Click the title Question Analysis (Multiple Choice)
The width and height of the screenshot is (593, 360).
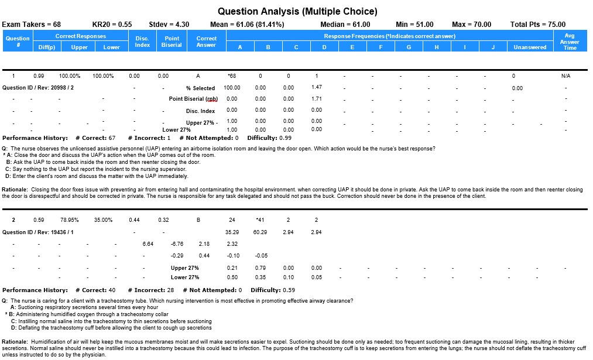pyautogui.click(x=297, y=11)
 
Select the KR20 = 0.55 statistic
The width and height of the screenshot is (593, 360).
pyautogui.click(x=112, y=25)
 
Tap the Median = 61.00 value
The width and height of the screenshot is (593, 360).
pyautogui.click(x=345, y=25)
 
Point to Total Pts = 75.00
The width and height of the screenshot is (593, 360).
pyautogui.click(x=538, y=25)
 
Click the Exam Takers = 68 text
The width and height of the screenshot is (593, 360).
pyautogui.click(x=32, y=25)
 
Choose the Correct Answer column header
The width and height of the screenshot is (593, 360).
pyautogui.click(x=206, y=42)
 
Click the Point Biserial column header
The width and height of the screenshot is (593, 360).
pyautogui.click(x=172, y=42)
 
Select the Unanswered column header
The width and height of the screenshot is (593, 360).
pyautogui.click(x=530, y=47)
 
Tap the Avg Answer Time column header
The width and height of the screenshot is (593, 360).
pyautogui.click(x=570, y=42)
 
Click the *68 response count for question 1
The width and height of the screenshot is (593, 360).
pyautogui.click(x=231, y=76)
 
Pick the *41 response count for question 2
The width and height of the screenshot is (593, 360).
pyautogui.click(x=260, y=220)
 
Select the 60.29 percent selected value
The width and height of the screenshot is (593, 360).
pyautogui.click(x=260, y=232)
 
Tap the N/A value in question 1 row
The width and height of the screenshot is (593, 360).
pyautogui.click(x=565, y=76)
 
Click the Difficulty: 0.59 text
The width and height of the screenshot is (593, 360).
pyautogui.click(x=273, y=290)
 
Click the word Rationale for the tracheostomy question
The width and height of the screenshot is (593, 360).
pyautogui.click(x=15, y=341)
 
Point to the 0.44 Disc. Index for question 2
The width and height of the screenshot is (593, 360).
pyautogui.click(x=134, y=220)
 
